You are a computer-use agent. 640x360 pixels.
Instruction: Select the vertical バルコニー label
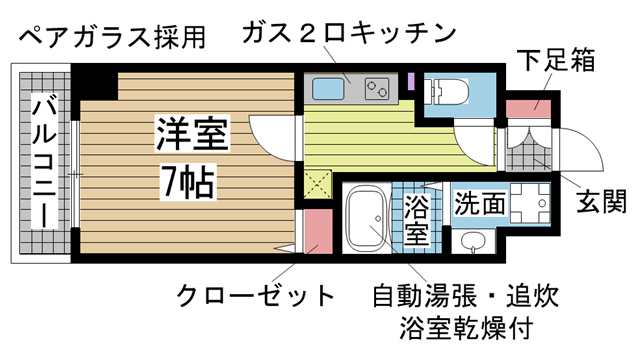coord(42,160)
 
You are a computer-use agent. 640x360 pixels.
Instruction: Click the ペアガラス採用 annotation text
coord(112,38)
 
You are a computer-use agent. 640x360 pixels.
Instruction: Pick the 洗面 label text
coord(479,206)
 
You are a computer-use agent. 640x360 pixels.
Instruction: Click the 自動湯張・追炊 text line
coord(463,297)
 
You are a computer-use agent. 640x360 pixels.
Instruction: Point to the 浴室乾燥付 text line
coord(462,328)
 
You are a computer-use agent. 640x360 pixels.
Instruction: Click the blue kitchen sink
coord(329,88)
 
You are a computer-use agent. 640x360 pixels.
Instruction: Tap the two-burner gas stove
coord(378,88)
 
